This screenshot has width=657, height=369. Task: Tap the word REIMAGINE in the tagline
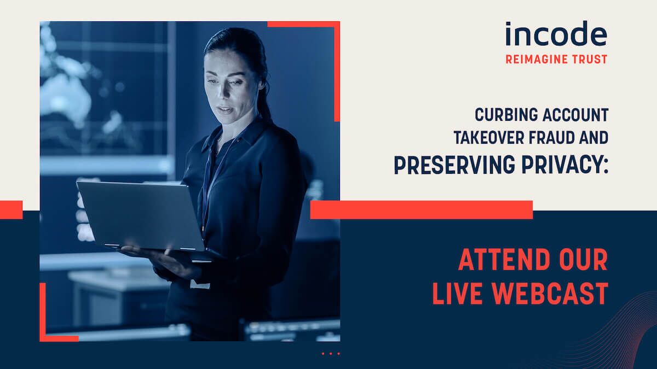coord(533,60)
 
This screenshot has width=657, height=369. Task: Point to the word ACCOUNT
coord(575,115)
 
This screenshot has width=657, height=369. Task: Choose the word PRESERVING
coord(454,165)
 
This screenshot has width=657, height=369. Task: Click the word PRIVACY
coord(562,165)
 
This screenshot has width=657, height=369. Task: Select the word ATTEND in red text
coord(503,260)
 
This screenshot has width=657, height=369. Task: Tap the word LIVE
coord(457,294)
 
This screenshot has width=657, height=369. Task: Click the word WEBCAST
coord(550,294)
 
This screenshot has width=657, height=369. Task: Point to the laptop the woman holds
coord(141,216)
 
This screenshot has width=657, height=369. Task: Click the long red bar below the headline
coord(422,210)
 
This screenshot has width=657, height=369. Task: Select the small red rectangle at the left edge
coord(11,210)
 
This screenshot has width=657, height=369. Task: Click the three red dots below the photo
coord(331,354)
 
